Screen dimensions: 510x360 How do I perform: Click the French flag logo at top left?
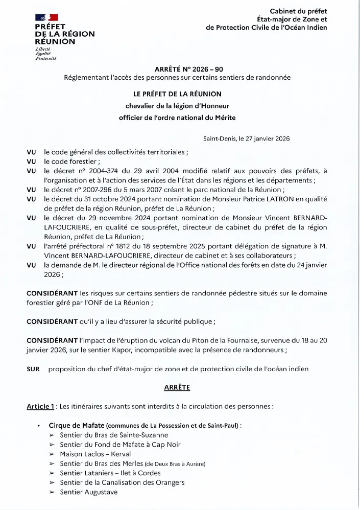coord(46,18)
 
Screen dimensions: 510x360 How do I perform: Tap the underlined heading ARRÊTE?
coord(177,387)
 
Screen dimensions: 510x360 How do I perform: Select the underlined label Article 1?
coord(41,407)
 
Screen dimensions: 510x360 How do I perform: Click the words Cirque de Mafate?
coord(77,426)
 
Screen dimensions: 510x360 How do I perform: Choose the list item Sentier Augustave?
coord(88,492)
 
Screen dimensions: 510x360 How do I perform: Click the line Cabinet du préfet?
coord(298,11)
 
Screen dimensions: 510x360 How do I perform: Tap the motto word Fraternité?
coord(46,58)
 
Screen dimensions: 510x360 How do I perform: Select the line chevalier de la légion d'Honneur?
coord(178,106)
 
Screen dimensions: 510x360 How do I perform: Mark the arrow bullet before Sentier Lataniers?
coord(52,473)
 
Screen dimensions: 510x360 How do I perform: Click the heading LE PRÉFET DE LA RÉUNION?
coord(178,94)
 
